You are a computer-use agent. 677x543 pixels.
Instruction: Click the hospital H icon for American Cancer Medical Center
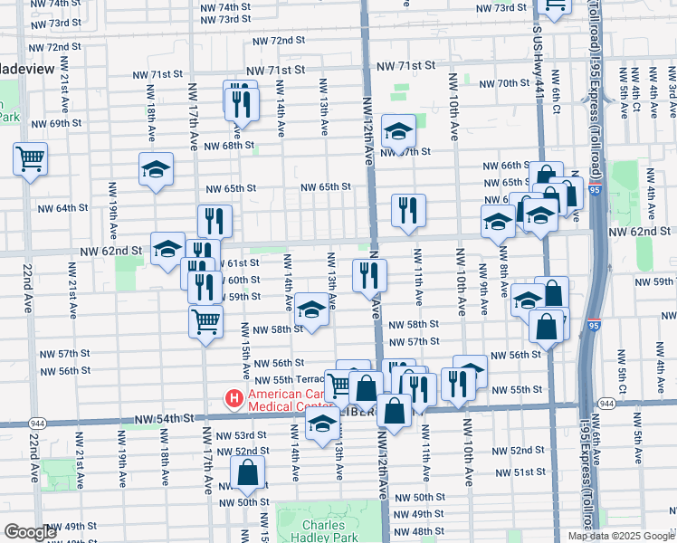click(x=234, y=397)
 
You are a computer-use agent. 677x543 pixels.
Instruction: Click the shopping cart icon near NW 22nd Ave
click(x=30, y=159)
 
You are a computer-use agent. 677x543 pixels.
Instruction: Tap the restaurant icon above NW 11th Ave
click(x=408, y=210)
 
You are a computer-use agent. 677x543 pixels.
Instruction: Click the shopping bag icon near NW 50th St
click(x=247, y=472)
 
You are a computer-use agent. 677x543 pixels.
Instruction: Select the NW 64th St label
click(x=62, y=208)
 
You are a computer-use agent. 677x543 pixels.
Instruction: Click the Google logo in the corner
click(x=29, y=532)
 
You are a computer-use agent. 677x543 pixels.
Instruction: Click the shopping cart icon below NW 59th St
click(x=205, y=320)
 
